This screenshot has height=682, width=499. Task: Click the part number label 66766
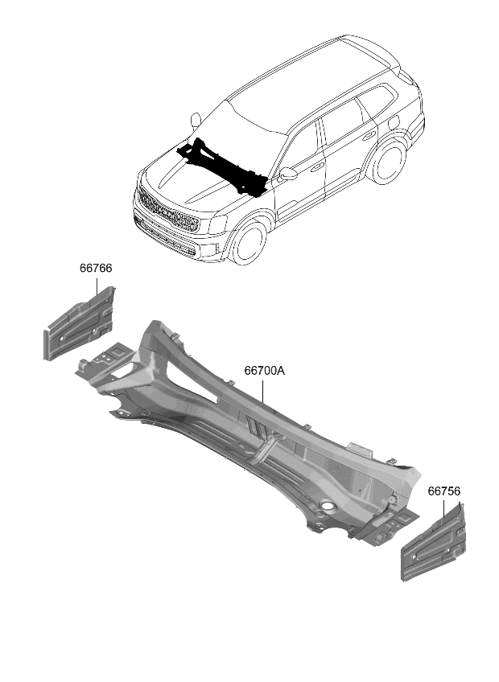(95, 269)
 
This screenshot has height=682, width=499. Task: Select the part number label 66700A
(265, 371)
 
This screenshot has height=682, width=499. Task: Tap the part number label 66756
(443, 490)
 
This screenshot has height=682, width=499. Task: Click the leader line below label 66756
(443, 511)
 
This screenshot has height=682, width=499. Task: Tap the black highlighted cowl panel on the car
(225, 164)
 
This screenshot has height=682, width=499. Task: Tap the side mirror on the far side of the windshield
(195, 121)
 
